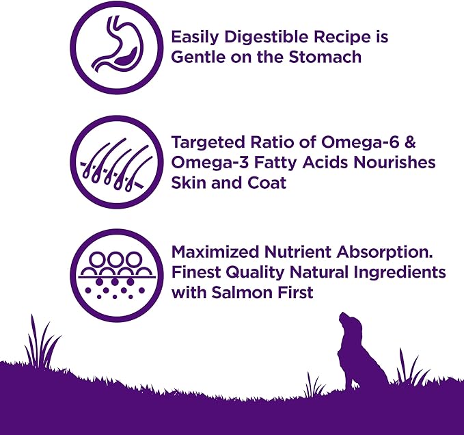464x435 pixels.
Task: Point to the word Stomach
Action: click(x=327, y=57)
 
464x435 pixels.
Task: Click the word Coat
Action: click(x=269, y=183)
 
